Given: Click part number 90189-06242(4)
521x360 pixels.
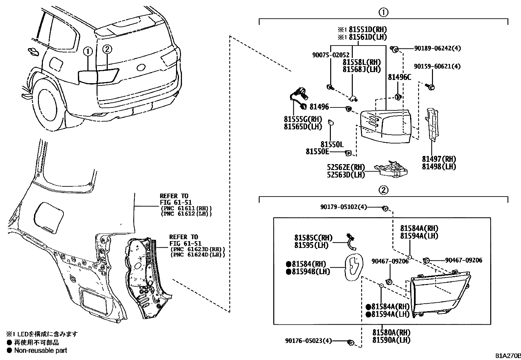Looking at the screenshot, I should (437, 48).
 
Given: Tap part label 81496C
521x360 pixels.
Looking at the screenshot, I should (399, 77).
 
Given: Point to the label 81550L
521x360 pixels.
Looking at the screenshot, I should (332, 144).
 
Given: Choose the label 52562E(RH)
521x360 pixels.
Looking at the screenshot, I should (346, 167).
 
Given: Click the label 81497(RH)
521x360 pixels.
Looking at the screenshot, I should (439, 159).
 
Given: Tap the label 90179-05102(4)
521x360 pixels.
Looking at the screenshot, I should (344, 207).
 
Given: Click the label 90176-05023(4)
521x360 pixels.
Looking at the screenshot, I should (308, 341).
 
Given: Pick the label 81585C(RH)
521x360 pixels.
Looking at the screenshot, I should (313, 238).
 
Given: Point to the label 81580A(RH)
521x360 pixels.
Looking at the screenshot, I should (391, 332).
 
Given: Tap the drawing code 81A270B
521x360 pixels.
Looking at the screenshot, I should (508, 356).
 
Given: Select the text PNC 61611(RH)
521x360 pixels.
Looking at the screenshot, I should (186, 208).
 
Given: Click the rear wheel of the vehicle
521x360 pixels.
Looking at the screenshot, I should (49, 105).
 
